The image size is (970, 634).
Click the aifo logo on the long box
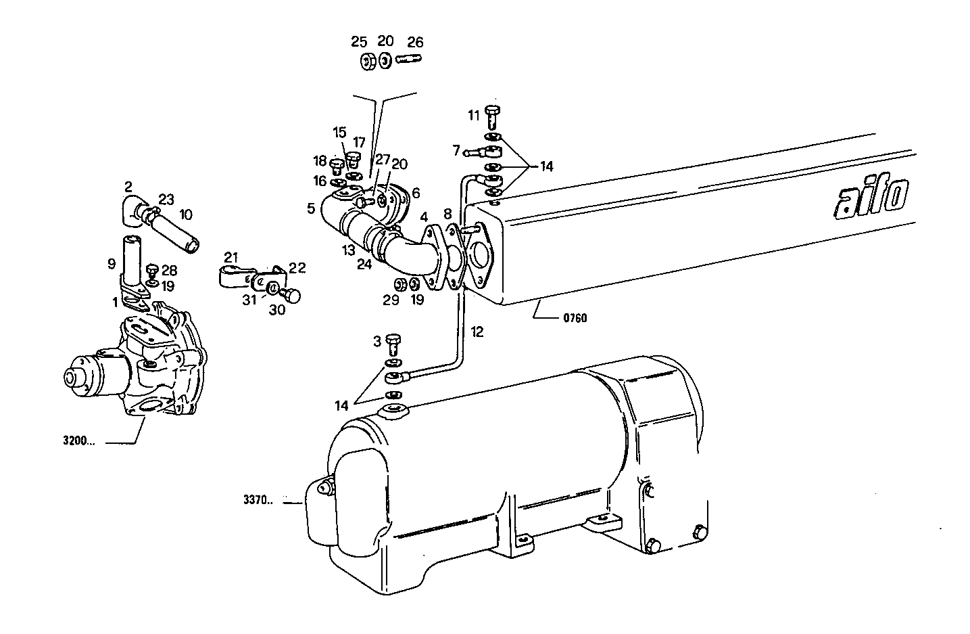871,198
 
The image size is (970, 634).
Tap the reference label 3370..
258,501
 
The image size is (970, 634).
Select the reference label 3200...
78,443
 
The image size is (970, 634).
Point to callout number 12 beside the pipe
477,332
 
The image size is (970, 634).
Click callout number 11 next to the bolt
474,115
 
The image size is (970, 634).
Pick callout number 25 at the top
359,42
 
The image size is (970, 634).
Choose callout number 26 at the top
414,42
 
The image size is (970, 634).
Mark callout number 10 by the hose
185,214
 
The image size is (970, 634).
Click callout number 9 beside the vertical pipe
112,264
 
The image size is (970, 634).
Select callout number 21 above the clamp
231,257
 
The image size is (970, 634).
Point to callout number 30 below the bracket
277,310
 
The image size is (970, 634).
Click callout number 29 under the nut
391,300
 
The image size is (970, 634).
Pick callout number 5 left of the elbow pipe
310,208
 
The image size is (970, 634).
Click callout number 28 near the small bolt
168,270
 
